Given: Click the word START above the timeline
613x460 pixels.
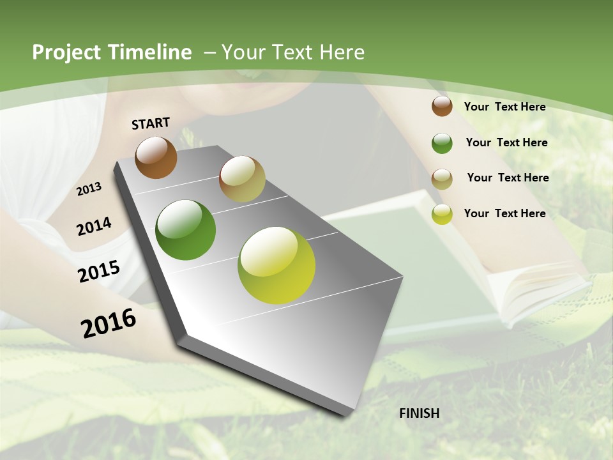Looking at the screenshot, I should point(151,123).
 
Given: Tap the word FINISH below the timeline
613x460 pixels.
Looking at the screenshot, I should point(420,413).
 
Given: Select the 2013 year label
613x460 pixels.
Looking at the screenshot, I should point(89,188).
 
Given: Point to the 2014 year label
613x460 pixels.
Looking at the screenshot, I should point(94,226).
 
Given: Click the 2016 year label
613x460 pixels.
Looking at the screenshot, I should point(109,323).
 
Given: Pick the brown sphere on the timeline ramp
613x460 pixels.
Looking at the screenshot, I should point(156,157).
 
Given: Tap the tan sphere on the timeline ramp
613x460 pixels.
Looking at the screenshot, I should point(242,179).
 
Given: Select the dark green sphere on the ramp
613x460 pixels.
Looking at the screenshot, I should point(186,230).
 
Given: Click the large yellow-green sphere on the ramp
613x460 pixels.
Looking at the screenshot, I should point(276,265).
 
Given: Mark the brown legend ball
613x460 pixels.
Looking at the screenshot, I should point(442,106).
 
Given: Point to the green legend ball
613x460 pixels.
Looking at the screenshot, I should point(442,143).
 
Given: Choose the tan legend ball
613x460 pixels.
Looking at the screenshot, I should point(442,179).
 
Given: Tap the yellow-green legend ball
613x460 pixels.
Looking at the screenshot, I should point(442,215).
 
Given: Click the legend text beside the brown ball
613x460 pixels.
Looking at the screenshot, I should point(504,107).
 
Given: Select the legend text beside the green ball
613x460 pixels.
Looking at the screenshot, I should point(506,142).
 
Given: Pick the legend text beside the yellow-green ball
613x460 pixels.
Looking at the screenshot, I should point(504,213).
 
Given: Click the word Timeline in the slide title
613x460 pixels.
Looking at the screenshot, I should point(150,52).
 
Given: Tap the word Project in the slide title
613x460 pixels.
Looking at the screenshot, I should point(66,52).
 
